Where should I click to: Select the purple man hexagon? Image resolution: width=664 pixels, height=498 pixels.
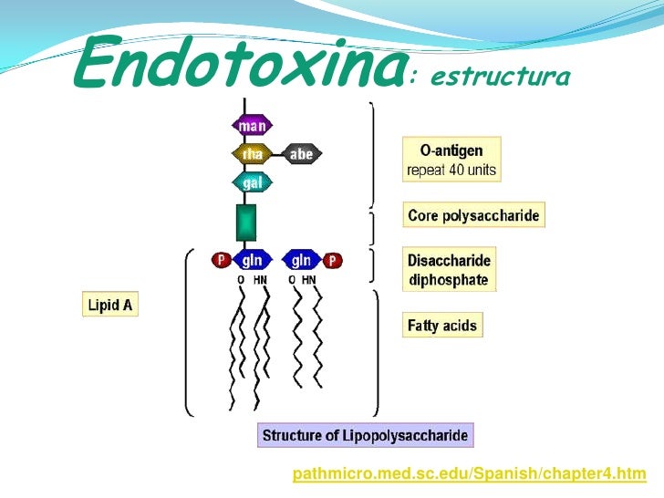253,127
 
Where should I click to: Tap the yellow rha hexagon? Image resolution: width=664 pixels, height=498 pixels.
253,154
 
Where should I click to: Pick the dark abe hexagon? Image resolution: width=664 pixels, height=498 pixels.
301,154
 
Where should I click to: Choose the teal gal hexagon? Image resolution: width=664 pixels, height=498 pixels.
253,182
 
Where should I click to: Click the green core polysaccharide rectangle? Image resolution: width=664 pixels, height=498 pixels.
246,223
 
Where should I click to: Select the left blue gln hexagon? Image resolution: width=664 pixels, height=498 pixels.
252,260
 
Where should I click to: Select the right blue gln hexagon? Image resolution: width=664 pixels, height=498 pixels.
302,260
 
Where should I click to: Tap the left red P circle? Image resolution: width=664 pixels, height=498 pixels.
221,261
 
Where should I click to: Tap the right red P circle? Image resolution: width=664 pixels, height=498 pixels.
334,261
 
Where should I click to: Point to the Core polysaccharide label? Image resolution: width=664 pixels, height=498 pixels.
473,216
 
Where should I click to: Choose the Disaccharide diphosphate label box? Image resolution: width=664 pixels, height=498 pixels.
450,269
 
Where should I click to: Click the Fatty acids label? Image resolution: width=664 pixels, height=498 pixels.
442,325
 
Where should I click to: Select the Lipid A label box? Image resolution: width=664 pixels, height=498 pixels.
109,305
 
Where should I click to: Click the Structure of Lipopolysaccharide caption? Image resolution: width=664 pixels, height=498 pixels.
365,435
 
